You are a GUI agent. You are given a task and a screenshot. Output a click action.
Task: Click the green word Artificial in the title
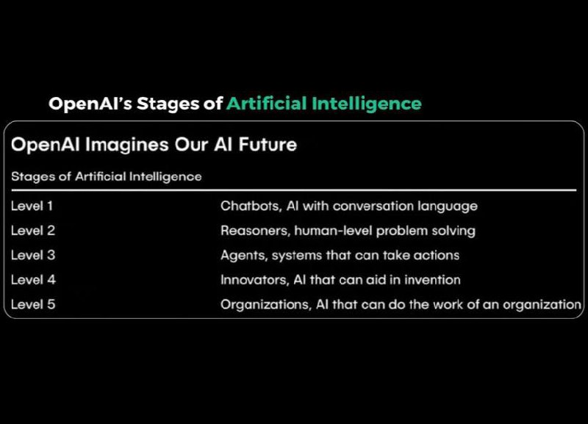267,104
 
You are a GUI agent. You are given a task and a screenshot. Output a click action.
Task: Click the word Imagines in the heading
127,145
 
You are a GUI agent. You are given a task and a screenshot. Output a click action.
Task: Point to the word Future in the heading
268,144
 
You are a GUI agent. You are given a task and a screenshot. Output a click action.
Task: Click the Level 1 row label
32,206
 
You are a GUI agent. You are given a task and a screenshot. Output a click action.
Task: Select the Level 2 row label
33,231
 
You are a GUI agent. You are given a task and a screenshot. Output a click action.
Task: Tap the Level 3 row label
33,255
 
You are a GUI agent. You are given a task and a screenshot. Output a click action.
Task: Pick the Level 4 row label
33,280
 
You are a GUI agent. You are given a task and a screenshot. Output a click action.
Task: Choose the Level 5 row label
33,304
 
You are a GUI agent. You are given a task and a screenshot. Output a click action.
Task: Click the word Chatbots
251,206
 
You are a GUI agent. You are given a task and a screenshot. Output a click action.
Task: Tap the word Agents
244,256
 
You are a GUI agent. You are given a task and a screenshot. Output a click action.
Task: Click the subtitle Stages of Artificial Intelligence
107,176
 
